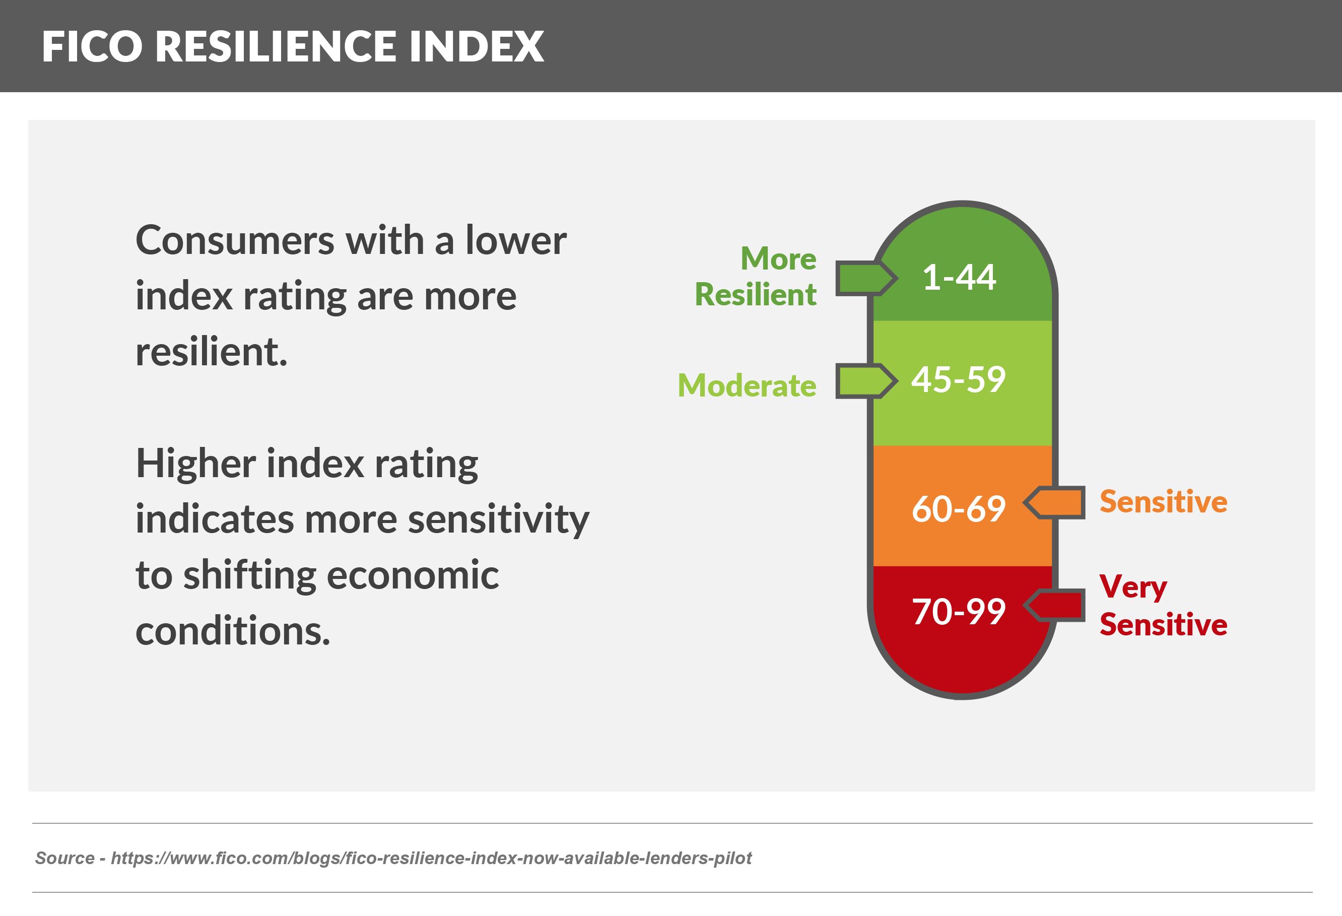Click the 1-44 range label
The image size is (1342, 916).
[x=959, y=277]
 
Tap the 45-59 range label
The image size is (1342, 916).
[x=959, y=380]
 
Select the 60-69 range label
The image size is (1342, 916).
[x=959, y=509]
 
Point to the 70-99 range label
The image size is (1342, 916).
[x=959, y=612]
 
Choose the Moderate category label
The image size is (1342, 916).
[x=747, y=386]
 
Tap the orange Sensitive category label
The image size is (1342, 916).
[x=1163, y=502]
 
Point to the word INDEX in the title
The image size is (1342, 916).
[x=477, y=47]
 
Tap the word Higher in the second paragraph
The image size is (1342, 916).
[x=196, y=464]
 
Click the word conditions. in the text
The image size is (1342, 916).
[x=233, y=631]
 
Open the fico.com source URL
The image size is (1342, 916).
[x=431, y=858]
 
